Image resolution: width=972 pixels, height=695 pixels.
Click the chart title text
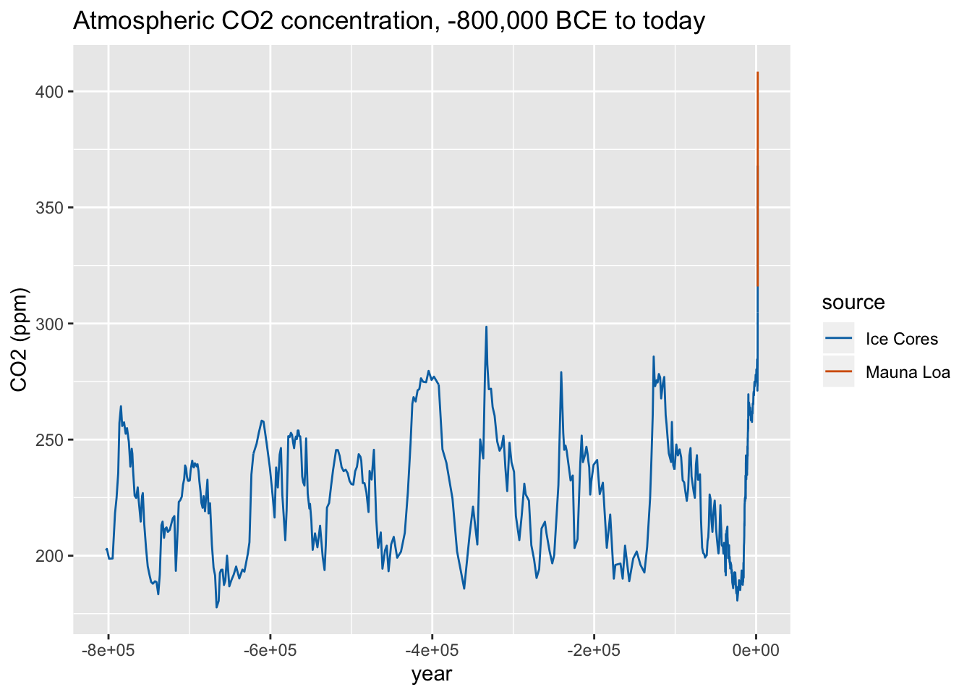(x=388, y=22)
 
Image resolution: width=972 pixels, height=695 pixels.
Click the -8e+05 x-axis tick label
(x=108, y=649)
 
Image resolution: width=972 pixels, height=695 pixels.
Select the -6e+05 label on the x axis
(x=270, y=649)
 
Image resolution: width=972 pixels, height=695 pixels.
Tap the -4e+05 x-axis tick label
(x=432, y=649)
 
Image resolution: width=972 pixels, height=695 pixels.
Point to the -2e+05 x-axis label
(x=594, y=649)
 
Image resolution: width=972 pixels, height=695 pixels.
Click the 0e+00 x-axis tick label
(x=756, y=649)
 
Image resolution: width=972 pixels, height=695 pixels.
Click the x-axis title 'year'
(x=432, y=675)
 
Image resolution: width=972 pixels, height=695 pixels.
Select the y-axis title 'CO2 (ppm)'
(x=20, y=340)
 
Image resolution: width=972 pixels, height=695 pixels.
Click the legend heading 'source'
(x=853, y=303)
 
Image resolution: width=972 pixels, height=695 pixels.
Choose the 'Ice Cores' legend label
(x=901, y=339)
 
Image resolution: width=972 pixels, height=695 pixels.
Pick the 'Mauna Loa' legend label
(x=908, y=373)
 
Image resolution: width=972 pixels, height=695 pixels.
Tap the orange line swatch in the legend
(x=838, y=372)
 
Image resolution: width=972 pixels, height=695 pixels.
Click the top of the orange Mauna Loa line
(x=757, y=73)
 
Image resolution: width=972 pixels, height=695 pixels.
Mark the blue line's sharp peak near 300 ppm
(x=486, y=327)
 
